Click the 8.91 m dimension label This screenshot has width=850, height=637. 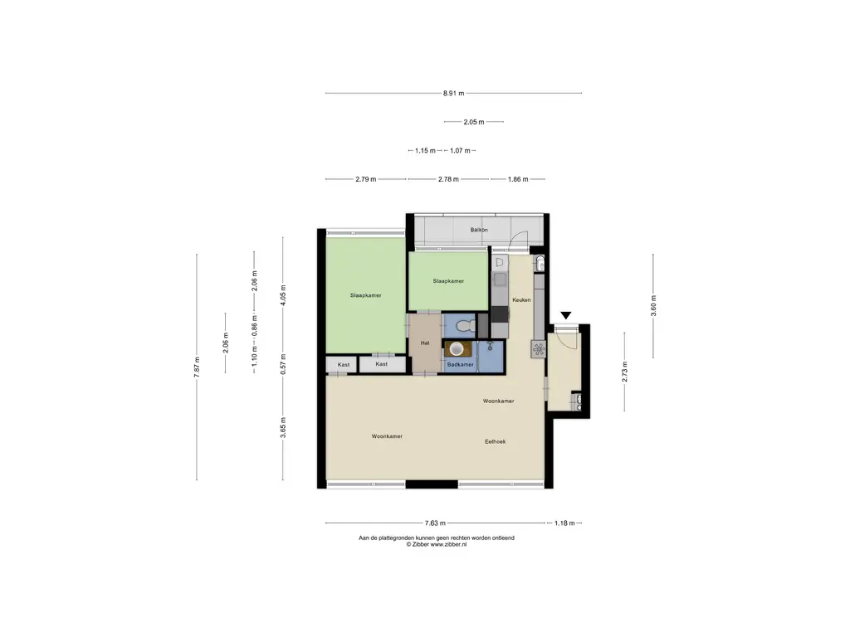[454, 93]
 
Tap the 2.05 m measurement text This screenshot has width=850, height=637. [474, 122]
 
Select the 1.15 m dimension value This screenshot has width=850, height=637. [426, 151]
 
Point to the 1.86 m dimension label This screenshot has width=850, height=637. [518, 179]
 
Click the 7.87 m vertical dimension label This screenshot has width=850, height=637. [197, 367]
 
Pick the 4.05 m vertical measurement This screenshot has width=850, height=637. [283, 295]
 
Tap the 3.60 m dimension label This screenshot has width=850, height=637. [653, 305]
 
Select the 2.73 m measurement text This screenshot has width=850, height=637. [624, 372]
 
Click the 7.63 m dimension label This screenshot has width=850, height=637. [435, 523]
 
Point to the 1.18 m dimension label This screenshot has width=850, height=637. [564, 523]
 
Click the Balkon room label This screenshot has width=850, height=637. [479, 230]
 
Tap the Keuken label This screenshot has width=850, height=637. [521, 299]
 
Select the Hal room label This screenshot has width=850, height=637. [425, 343]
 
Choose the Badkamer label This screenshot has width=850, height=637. [460, 365]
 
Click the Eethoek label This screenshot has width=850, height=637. [495, 441]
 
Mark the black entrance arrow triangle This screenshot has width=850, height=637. [566, 315]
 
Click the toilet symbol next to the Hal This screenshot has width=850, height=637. [465, 327]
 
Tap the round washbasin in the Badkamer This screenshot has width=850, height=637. [457, 349]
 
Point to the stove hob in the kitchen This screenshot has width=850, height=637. [539, 349]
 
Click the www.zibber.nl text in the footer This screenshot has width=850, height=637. [448, 544]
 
